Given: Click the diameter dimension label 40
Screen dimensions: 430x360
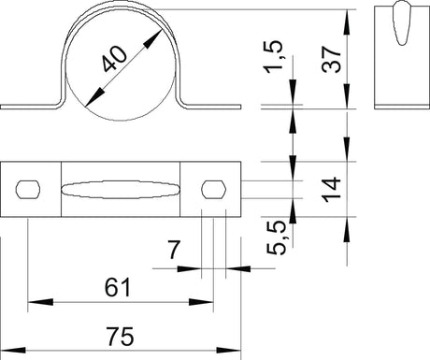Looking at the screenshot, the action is pos(115,59).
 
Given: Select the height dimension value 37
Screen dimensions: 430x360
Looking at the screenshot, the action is pos(332,60).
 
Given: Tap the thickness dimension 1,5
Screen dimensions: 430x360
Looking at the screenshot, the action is pos(274,57).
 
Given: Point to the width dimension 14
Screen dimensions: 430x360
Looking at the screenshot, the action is pos(332,189).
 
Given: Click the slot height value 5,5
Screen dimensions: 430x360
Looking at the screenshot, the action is pos(277,238).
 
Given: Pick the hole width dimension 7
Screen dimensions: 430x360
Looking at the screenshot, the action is pos(173,250).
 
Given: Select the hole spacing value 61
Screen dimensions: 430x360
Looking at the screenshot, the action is pos(118,288).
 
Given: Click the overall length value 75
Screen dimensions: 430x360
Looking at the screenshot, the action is pos(120,337).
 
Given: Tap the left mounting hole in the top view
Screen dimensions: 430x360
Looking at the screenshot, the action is pos(28,189).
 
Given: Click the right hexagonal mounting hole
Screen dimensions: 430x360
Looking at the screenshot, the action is pos(213,189).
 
